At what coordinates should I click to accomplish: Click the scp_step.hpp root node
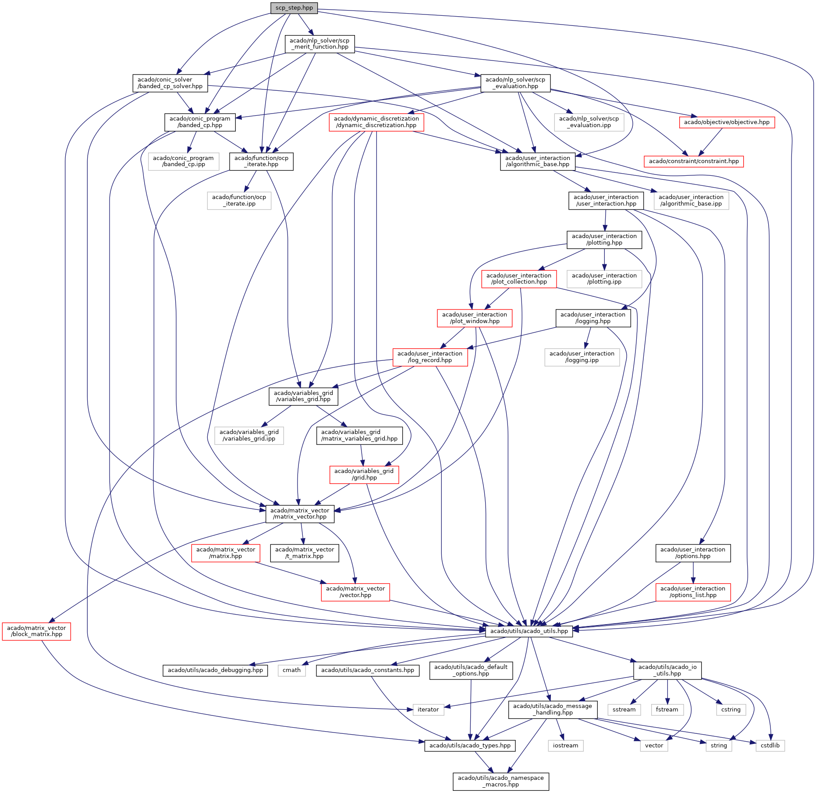coord(294,8)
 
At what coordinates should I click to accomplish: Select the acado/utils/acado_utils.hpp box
coord(529,631)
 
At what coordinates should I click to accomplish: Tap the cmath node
coord(291,670)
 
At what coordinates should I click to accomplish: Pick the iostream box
coord(565,745)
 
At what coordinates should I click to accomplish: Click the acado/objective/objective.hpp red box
coord(727,122)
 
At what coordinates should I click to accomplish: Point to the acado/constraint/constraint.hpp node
coord(694,161)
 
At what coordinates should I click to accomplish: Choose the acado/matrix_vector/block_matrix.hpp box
coord(36,631)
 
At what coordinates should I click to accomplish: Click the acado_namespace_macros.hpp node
coord(500,781)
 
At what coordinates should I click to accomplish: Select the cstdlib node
coord(770,745)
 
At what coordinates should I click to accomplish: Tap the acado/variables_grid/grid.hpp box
coord(364,474)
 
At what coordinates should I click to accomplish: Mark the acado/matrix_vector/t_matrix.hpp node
coord(305,553)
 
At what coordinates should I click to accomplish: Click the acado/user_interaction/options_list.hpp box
coord(693,592)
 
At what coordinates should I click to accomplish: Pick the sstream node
coord(624,709)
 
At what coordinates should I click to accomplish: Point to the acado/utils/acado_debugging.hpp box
coord(215,670)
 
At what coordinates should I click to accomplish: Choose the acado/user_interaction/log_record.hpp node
coord(430,357)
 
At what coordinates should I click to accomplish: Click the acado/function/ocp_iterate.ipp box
coord(239,200)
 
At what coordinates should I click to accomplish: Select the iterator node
coord(428,709)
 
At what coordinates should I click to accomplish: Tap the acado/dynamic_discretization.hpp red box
coord(376,122)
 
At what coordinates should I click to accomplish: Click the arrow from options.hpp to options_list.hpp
coord(693,573)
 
